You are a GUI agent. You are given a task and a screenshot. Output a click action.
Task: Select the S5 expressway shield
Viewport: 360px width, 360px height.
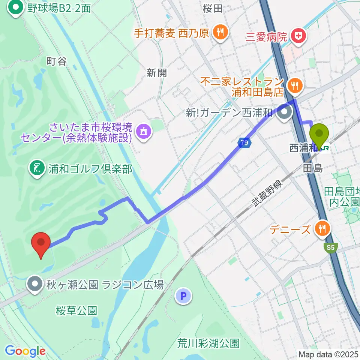tap(330, 248)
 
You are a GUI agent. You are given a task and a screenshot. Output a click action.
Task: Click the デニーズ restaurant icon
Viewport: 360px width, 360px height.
tap(322, 229)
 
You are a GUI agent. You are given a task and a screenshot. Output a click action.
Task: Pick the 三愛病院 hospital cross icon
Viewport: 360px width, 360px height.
tap(300, 36)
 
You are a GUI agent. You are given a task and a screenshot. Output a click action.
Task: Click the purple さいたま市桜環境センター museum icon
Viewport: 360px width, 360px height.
tap(143, 131)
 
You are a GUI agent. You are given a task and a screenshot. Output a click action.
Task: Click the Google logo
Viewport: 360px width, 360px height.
tap(25, 351)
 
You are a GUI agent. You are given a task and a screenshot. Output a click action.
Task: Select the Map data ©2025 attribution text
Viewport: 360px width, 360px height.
tap(328, 354)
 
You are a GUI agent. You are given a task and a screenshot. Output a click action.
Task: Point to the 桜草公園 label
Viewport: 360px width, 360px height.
tap(76, 310)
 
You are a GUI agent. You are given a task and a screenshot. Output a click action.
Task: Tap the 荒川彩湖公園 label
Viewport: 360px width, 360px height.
tap(208, 343)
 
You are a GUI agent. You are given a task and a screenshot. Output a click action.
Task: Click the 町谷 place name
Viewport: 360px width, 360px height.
tap(57, 61)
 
